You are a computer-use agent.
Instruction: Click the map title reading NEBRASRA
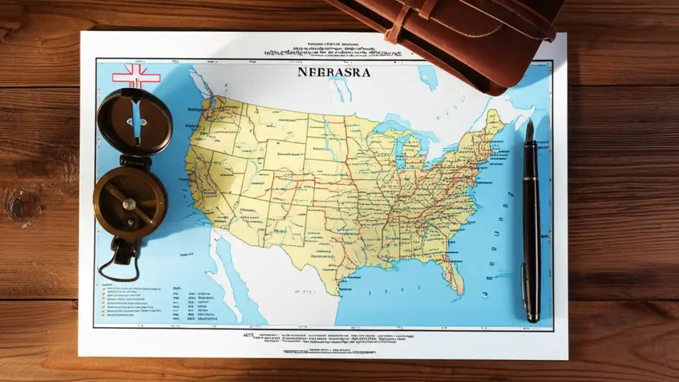click(x=334, y=72)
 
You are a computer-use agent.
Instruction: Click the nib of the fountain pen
click(x=529, y=131)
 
